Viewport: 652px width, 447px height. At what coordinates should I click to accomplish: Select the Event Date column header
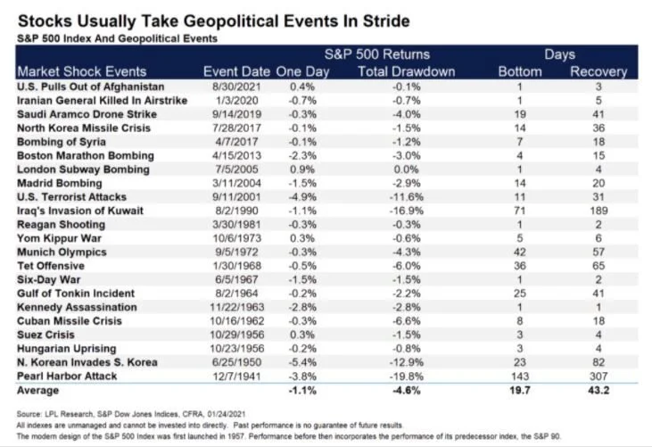(x=235, y=71)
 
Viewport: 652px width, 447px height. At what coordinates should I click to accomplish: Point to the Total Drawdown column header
(x=406, y=71)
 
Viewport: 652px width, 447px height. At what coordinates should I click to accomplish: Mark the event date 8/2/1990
(x=236, y=210)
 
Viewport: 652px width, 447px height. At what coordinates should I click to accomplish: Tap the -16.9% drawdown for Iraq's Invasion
(x=408, y=210)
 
